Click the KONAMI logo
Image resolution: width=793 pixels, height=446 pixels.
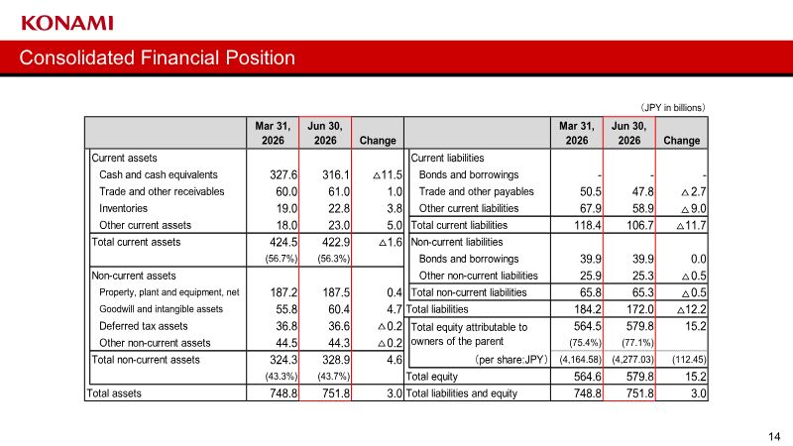tap(67, 23)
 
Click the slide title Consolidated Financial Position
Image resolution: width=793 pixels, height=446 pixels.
tap(158, 57)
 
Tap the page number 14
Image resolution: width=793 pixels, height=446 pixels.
tap(774, 436)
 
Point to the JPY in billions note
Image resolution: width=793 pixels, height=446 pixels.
tap(672, 108)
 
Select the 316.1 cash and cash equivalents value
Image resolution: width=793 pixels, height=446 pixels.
tap(336, 175)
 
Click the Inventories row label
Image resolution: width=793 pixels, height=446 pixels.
tap(123, 208)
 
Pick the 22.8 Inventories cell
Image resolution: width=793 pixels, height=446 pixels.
tap(339, 208)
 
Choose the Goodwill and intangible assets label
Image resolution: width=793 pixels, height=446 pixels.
tap(161, 309)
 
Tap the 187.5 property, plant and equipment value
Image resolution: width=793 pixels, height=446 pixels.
tap(336, 292)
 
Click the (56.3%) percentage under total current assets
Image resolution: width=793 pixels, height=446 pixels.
tap(334, 259)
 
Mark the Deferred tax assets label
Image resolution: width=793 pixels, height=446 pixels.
tap(143, 326)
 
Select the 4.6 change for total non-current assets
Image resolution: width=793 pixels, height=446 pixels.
tap(395, 360)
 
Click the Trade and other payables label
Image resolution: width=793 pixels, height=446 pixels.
tap(477, 191)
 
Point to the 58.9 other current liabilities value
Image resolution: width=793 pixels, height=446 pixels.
tap(642, 208)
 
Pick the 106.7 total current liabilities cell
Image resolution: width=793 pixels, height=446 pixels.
tap(639, 225)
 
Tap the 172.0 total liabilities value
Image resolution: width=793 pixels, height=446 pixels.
tap(639, 309)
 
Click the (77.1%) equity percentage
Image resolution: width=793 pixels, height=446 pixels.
tap(637, 342)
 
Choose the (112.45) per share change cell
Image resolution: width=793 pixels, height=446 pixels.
tap(689, 360)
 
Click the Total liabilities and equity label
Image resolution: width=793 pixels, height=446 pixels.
tap(461, 393)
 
